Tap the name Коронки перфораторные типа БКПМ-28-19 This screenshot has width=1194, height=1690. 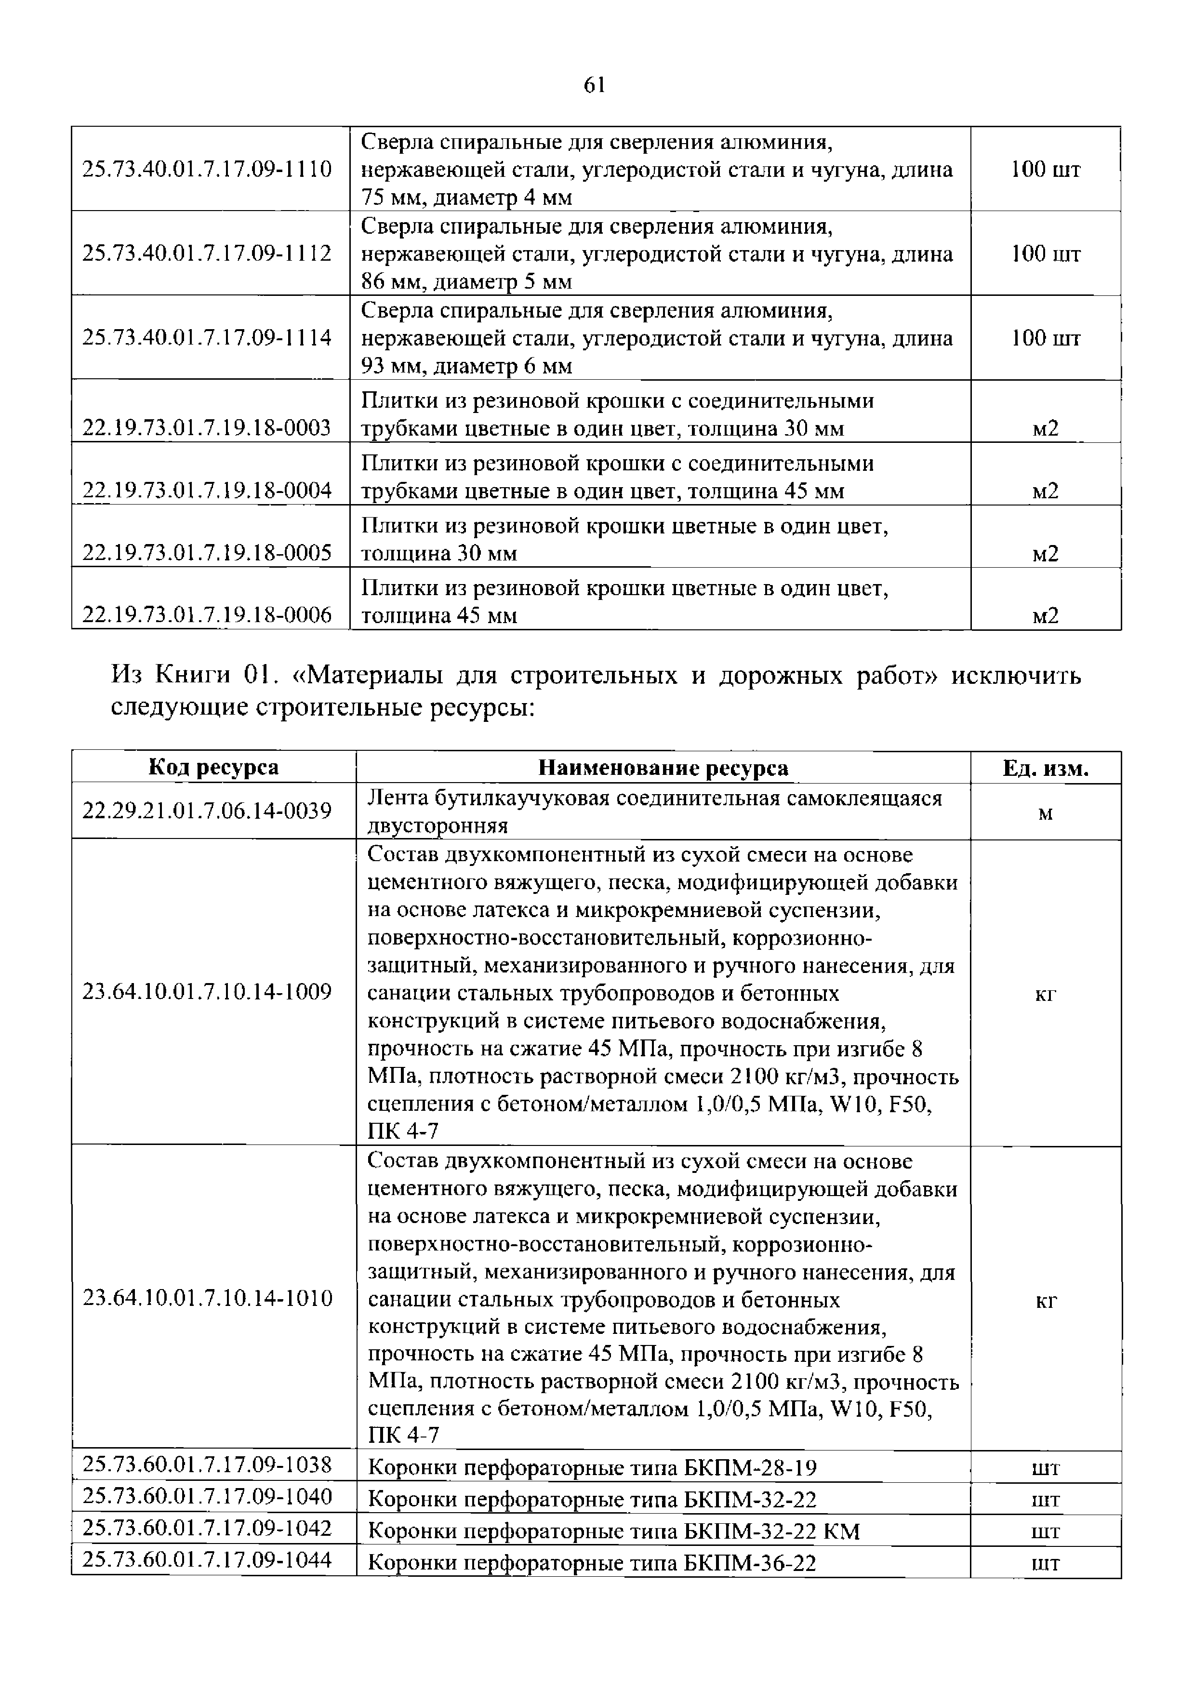591,1468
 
